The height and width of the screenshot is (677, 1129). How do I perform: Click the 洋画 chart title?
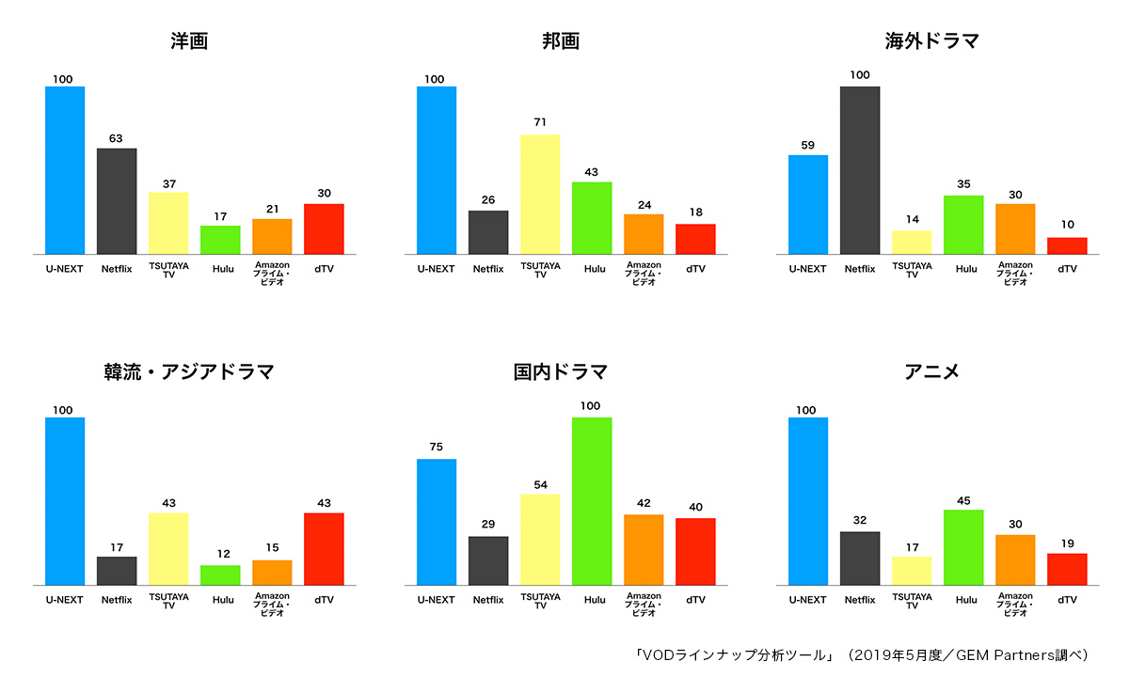pos(189,41)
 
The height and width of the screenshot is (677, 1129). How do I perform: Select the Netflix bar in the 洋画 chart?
pos(117,201)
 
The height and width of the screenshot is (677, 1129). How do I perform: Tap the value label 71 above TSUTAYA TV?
pos(540,122)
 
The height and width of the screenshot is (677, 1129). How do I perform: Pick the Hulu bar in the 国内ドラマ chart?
pos(592,501)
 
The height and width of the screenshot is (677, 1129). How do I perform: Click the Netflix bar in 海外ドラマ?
pos(860,170)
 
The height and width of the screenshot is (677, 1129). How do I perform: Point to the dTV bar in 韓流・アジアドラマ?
pos(324,549)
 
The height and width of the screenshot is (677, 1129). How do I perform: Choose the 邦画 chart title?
pos(561,41)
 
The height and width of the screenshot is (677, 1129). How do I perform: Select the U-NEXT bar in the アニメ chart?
pos(808,501)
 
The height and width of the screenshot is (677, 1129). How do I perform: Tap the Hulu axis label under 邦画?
pos(595,269)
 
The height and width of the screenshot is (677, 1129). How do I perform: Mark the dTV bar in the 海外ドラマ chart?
pos(1067,245)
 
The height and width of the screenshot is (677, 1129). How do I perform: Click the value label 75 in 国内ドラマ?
pos(437,447)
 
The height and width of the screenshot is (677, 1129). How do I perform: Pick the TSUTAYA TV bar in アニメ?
pos(912,571)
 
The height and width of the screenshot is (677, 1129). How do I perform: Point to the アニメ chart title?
pos(931,371)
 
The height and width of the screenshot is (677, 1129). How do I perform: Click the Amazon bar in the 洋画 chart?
pos(272,236)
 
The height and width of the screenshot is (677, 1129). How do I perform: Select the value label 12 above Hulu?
pos(220,553)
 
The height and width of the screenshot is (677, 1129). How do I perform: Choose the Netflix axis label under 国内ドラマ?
pos(488,600)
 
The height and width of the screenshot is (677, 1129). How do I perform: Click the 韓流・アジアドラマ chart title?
pos(189,371)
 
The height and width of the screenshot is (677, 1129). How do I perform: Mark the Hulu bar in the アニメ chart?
pos(963,547)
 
